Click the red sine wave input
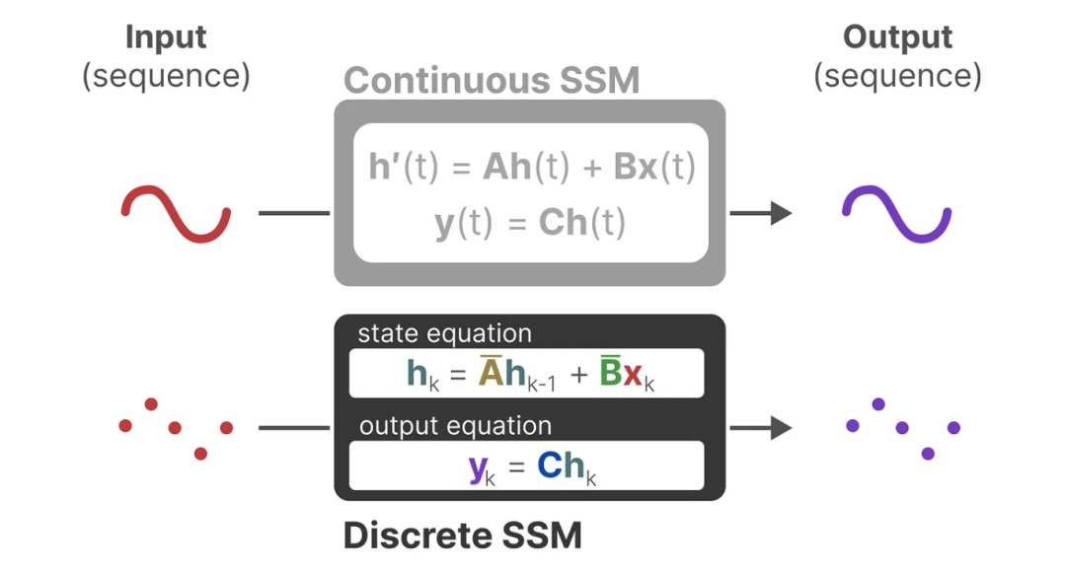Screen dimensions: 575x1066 (176, 213)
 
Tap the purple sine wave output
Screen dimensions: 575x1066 (896, 213)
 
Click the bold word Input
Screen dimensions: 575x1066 (166, 37)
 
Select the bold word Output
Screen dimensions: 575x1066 (897, 37)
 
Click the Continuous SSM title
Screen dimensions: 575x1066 (492, 80)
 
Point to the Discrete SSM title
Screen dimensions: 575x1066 (462, 536)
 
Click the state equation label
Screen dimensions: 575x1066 (444, 333)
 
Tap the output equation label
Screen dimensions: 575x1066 (455, 426)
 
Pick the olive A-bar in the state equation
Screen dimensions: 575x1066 (492, 372)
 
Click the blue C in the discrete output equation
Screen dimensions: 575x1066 (549, 466)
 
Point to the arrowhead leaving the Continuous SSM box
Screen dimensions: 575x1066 (781, 213)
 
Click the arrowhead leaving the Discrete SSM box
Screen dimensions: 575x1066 (781, 427)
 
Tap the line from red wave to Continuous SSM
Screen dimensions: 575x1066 (294, 213)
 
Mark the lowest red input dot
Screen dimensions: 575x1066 (201, 453)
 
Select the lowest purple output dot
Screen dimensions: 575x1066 (928, 453)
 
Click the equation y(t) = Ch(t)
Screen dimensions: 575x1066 (530, 224)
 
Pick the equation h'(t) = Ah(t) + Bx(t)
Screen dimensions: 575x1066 (532, 168)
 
